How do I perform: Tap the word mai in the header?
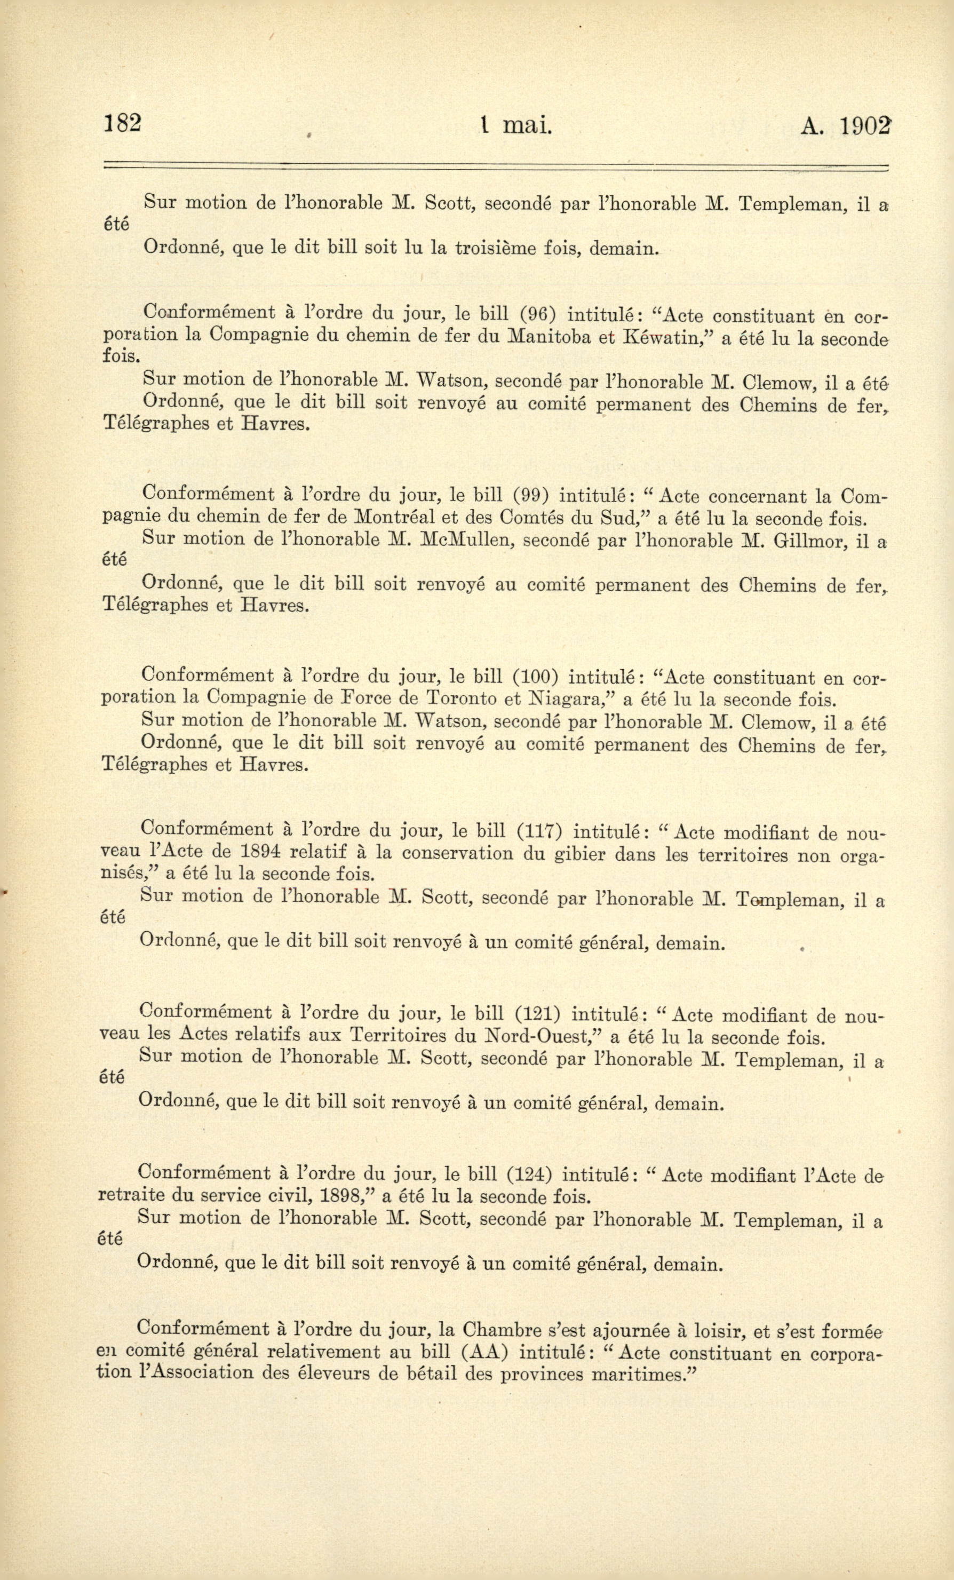click(527, 126)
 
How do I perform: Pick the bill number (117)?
click(539, 832)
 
